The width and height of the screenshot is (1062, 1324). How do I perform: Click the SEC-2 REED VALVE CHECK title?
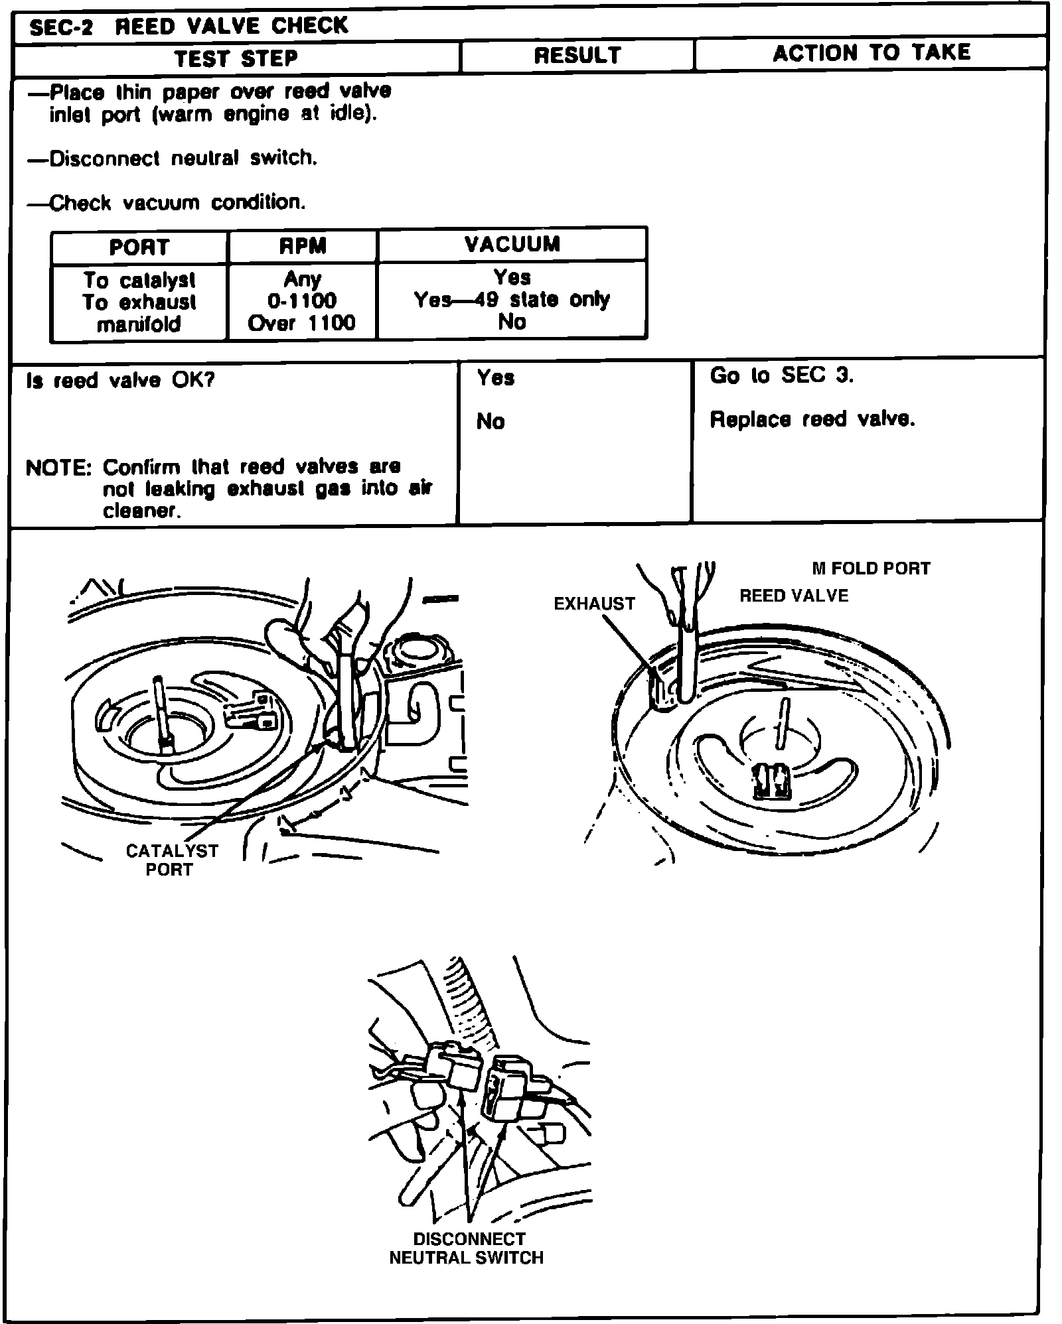[x=189, y=27]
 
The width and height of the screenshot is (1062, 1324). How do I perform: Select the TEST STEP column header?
[x=236, y=58]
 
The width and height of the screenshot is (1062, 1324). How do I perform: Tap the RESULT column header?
[x=577, y=56]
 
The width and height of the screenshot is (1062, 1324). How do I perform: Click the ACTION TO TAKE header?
[x=871, y=53]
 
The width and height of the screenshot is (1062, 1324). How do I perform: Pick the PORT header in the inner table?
[x=139, y=247]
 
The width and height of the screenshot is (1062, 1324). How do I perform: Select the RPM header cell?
[x=303, y=247]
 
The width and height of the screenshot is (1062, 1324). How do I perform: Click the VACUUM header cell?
[x=512, y=244]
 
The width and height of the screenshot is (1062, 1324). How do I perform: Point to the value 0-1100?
[x=302, y=300]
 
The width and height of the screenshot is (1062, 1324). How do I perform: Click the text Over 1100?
[x=302, y=323]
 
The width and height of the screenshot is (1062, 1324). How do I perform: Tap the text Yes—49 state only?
[x=512, y=300]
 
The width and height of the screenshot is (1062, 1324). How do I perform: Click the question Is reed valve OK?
[x=121, y=381]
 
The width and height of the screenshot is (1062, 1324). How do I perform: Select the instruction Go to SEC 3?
[x=781, y=375]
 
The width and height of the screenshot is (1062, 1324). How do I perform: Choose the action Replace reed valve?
[x=812, y=419]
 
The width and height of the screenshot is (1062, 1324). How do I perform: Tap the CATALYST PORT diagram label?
[x=171, y=860]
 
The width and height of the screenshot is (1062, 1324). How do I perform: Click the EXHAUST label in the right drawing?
[x=594, y=604]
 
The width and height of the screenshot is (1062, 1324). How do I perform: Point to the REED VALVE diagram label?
[x=794, y=596]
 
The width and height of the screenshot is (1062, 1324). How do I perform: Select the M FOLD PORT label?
[x=871, y=568]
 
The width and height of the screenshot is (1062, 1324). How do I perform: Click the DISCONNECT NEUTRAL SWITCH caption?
[x=467, y=1248]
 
